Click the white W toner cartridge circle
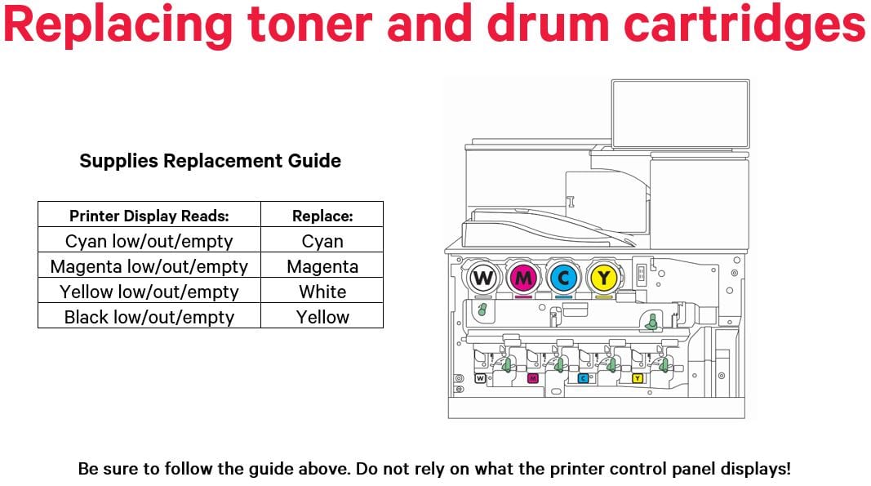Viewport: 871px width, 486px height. (483, 279)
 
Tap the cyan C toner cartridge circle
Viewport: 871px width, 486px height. (563, 279)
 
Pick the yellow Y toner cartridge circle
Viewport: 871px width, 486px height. (603, 279)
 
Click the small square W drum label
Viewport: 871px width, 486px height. (480, 378)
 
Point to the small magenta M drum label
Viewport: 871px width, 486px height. (532, 378)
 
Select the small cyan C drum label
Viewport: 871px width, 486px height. (584, 378)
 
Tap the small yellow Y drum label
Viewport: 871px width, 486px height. (637, 378)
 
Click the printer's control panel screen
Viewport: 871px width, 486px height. (679, 114)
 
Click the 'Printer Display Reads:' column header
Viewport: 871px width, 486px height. (149, 216)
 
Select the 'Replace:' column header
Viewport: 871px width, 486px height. (322, 216)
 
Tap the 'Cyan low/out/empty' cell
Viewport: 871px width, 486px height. (149, 241)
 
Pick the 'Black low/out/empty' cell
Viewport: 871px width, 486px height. (149, 317)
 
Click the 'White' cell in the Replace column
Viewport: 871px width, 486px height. (322, 292)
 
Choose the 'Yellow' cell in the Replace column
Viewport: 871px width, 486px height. (322, 317)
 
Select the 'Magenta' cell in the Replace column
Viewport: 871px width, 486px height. (322, 266)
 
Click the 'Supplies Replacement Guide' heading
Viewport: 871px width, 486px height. (210, 160)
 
